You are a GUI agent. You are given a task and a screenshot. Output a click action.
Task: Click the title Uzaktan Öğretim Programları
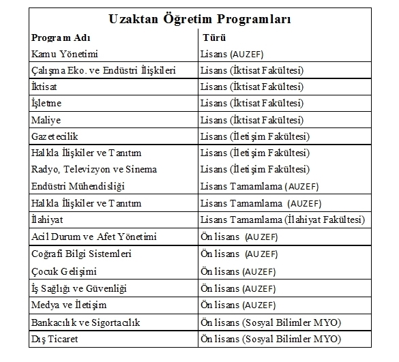click(199, 19)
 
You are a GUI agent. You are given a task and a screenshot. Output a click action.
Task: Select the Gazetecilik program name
click(55, 136)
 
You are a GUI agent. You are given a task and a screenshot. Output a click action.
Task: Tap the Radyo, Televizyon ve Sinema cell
click(93, 169)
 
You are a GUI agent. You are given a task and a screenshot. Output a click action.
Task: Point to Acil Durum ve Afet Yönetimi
click(93, 237)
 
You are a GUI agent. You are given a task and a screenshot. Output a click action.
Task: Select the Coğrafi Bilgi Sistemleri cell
click(81, 254)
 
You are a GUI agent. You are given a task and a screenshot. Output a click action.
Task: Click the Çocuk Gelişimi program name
click(63, 270)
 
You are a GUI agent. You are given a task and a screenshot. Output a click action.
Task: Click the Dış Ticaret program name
click(55, 339)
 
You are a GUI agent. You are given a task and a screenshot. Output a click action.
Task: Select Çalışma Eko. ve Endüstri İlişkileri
click(104, 70)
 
